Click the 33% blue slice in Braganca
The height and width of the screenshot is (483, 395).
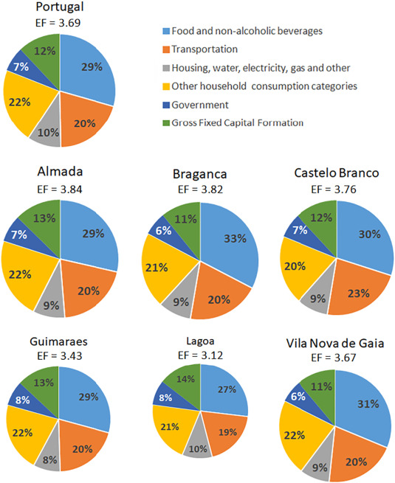click(x=233, y=240)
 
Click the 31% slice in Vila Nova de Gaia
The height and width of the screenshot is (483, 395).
click(x=367, y=403)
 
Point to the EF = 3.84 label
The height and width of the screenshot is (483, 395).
click(x=60, y=189)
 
